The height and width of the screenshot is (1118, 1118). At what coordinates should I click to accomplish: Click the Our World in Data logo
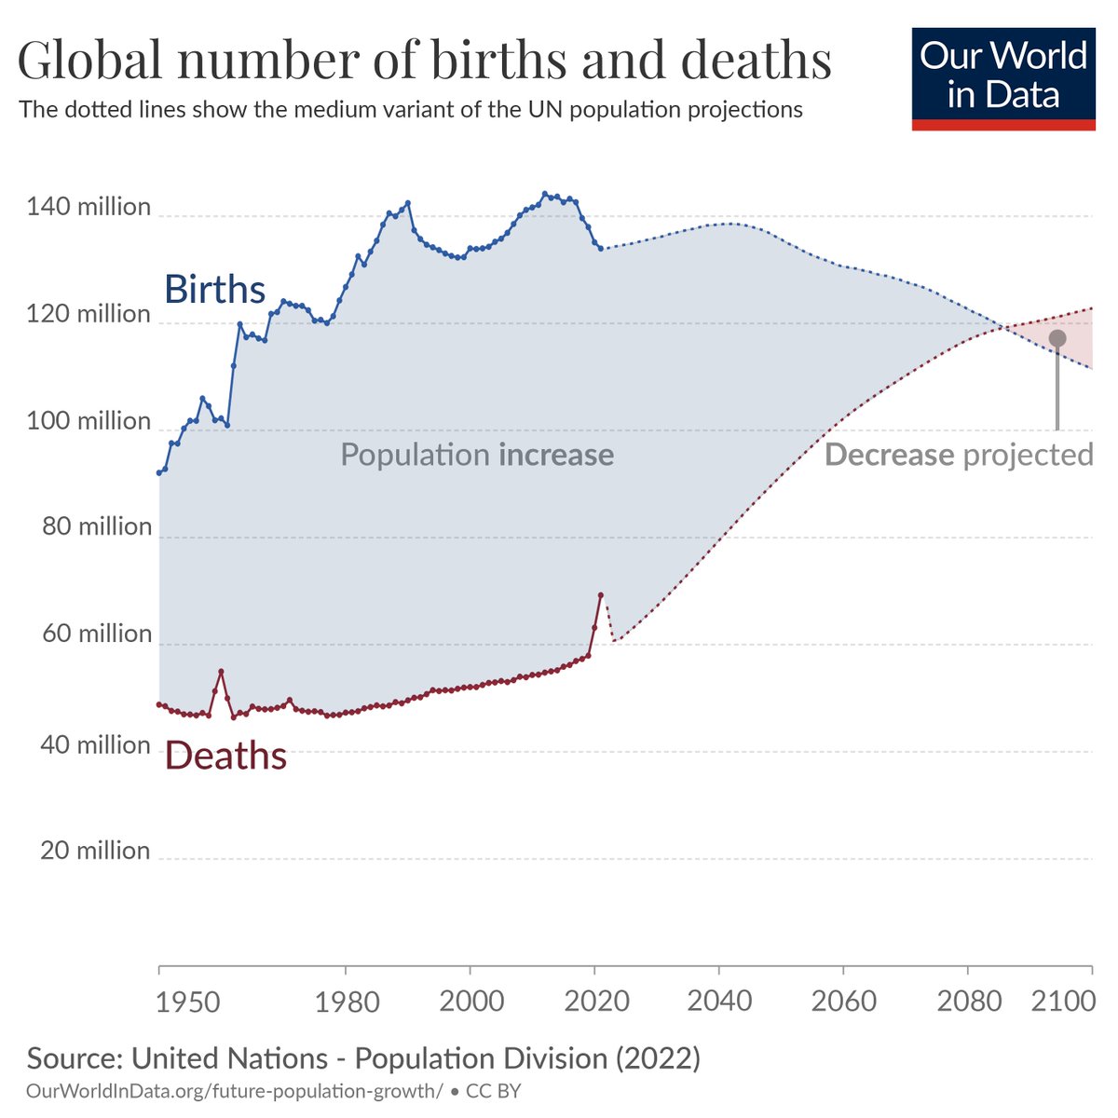(x=1003, y=76)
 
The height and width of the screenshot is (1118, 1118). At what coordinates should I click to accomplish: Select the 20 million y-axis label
(x=94, y=850)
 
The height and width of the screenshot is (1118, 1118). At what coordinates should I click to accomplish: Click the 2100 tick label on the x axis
(x=1063, y=1002)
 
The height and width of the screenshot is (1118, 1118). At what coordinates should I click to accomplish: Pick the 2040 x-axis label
(x=719, y=1002)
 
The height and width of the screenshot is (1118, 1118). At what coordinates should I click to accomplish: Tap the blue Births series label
(x=215, y=290)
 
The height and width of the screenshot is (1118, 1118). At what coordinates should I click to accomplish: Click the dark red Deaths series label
(x=225, y=756)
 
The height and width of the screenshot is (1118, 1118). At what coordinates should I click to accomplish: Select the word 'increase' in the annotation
(x=556, y=455)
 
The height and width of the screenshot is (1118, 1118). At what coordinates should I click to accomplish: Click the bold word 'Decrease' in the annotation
(x=889, y=455)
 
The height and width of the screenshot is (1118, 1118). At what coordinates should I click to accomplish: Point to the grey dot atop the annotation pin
(x=1057, y=338)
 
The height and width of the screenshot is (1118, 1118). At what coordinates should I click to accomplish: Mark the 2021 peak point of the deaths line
(x=601, y=594)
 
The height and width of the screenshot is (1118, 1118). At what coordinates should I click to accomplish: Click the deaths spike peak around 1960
(x=221, y=671)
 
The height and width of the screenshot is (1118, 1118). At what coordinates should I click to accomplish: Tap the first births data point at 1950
(x=159, y=472)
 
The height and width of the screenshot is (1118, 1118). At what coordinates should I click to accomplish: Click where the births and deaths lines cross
(x=1005, y=326)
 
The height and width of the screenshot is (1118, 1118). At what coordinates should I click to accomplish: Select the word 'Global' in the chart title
(x=88, y=60)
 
